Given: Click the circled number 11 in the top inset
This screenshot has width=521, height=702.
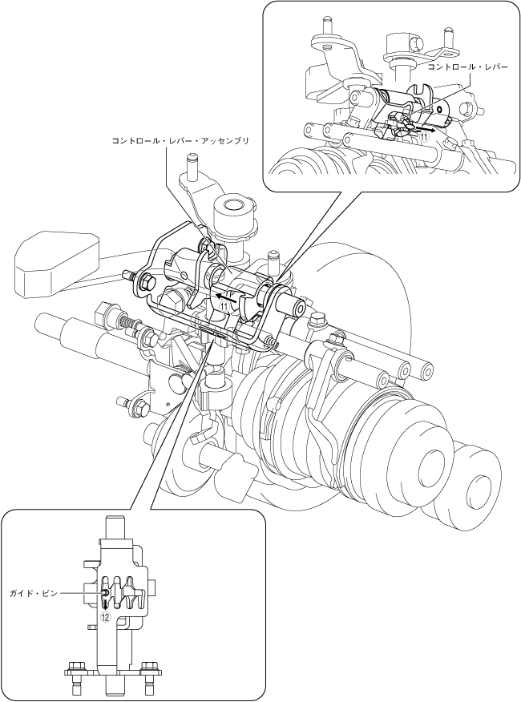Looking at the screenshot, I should coord(424,137).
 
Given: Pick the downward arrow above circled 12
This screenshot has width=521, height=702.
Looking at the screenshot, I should coord(106,603).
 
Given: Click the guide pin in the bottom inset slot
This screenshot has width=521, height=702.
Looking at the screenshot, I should coord(105,592).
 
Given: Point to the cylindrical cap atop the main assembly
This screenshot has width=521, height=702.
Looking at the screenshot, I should coord(233,212).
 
